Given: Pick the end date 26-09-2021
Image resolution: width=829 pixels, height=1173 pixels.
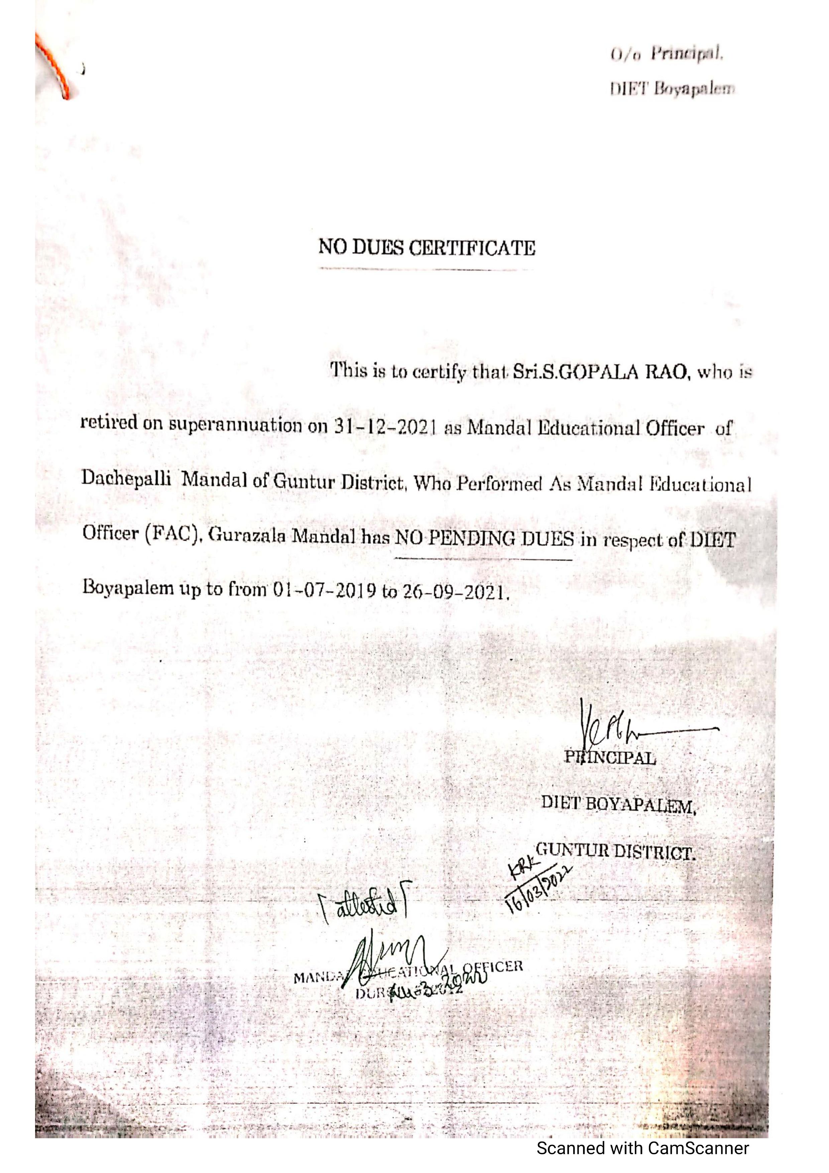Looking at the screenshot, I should pos(455,592).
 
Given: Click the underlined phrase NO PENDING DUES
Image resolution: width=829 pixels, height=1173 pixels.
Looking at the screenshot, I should pos(485,539).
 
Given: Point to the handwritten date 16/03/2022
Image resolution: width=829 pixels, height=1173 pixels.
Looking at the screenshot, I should pos(539,890).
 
